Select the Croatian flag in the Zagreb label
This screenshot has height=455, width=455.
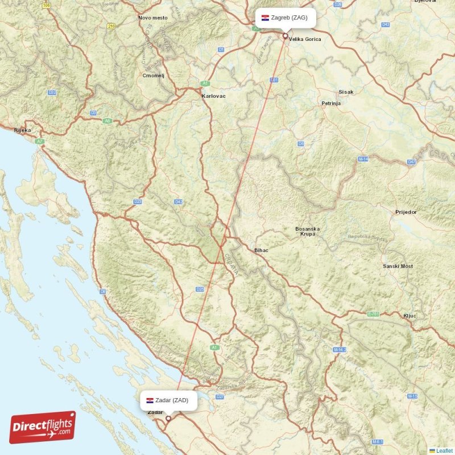tap(265, 18)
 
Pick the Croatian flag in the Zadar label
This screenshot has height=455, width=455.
tap(150, 400)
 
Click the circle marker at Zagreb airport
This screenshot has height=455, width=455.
tap(285, 35)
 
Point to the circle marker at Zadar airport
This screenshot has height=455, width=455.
tap(168, 419)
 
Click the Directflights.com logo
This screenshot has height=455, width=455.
tap(43, 428)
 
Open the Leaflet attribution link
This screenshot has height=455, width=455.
tap(444, 450)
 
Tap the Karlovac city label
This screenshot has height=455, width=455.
tap(213, 96)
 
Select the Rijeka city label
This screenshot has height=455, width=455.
tap(22, 130)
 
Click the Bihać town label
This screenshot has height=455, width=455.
tap(261, 250)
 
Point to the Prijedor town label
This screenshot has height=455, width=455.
tap(406, 212)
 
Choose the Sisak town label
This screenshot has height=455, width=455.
tap(346, 92)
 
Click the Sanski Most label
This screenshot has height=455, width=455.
tap(398, 266)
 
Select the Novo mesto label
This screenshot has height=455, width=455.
tap(153, 18)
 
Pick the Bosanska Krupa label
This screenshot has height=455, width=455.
tap(307, 231)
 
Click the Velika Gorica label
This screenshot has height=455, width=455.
tap(305, 39)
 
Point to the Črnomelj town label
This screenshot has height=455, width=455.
tap(154, 75)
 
